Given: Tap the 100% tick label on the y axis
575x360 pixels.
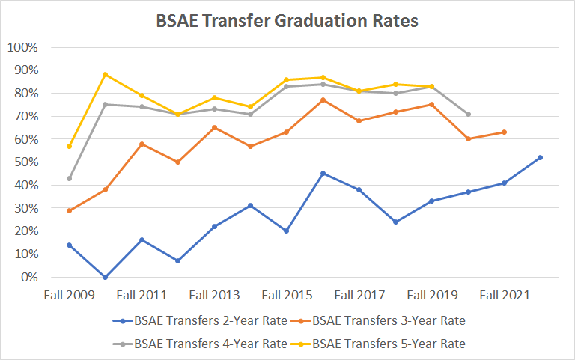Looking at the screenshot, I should [x=22, y=47].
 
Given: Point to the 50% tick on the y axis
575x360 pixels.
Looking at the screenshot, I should [x=24, y=162].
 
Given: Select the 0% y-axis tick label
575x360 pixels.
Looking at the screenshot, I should [x=27, y=278].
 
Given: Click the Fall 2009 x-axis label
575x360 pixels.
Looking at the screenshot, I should [x=70, y=295].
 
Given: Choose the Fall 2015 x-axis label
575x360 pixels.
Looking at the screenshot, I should [x=287, y=295].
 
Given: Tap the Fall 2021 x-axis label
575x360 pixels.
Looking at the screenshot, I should [x=504, y=295].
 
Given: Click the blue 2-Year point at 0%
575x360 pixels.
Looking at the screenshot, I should [x=106, y=277].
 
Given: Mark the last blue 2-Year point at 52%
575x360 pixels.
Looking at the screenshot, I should [x=540, y=157].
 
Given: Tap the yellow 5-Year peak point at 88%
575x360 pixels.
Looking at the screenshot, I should [x=106, y=74].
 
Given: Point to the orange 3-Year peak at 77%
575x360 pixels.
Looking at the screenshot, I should [x=323, y=100].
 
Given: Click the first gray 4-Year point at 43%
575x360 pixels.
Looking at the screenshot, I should [x=70, y=178].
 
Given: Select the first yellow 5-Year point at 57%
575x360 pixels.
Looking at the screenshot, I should [x=70, y=146].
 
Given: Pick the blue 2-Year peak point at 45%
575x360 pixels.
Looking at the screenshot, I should [x=323, y=174].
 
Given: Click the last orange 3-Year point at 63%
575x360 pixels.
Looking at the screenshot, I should [x=504, y=132].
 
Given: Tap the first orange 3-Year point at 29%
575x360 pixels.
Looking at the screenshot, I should [x=70, y=210].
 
